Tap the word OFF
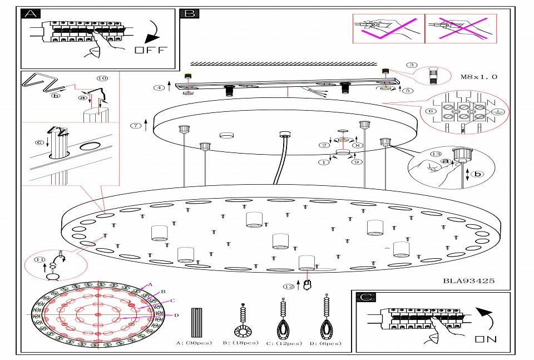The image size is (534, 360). [150, 50]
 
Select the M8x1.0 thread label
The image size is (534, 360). [479, 77]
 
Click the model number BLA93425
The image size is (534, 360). [468, 281]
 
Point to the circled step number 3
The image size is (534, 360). [411, 65]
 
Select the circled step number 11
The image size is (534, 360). [39, 259]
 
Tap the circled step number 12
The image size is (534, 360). [288, 287]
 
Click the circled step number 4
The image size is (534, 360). [160, 87]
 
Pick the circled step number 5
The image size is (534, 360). [408, 90]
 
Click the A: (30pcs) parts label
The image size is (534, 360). [194, 343]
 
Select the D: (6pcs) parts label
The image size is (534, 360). [325, 343]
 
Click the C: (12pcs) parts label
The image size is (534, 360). [284, 343]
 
